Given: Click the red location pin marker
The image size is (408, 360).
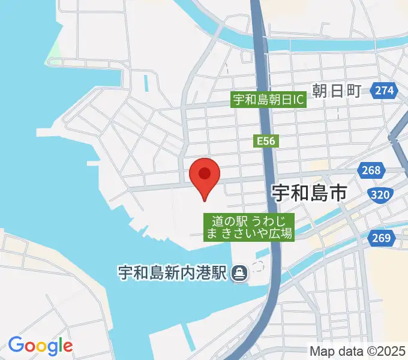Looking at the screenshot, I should [x=205, y=178].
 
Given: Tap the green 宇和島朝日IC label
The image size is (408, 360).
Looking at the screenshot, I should [x=269, y=100].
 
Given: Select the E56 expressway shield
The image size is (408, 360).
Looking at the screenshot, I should [x=265, y=141].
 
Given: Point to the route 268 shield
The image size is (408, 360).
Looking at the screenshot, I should [x=371, y=171].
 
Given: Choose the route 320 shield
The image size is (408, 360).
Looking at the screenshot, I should [x=381, y=195].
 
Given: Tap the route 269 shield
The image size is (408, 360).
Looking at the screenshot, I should [x=382, y=238].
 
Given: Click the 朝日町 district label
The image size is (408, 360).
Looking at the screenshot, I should [x=337, y=91].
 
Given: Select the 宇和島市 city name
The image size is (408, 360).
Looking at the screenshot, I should [x=309, y=193].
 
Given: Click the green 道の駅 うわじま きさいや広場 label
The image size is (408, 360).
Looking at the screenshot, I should [x=249, y=227].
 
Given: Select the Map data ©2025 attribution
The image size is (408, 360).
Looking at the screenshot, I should [x=358, y=350].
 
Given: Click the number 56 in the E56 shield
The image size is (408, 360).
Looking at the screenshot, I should [x=268, y=141].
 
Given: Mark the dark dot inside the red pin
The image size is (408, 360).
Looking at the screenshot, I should [x=205, y=173].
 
